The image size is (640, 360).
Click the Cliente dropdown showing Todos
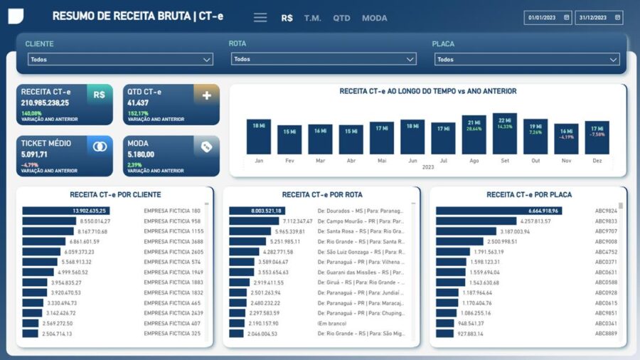coord(120,60)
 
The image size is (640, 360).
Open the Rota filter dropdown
coord(324,59)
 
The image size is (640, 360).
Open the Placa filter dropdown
coord(527,60)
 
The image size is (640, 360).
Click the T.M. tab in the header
coord(313,18)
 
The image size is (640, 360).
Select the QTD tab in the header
coord(342,18)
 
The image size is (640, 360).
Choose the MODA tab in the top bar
coord(375,18)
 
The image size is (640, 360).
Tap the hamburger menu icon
coord(260,18)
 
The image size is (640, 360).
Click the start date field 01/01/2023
coord(548,17)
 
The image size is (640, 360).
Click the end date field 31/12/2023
coord(599,17)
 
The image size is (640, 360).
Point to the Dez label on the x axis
coord(597,161)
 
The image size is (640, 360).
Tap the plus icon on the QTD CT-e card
coord(207,95)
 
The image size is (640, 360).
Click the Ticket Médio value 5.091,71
coord(35,154)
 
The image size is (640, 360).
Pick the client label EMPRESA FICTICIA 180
coord(172,211)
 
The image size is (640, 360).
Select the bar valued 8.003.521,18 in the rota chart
coord(257,211)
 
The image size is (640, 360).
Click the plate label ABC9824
coord(606,211)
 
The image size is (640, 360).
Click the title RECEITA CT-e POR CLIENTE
coord(115,194)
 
